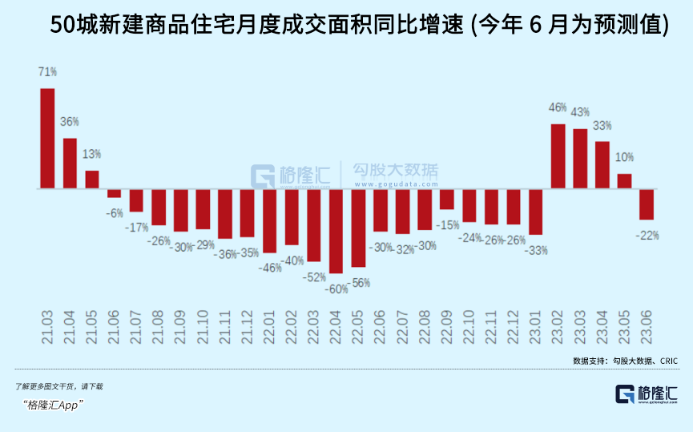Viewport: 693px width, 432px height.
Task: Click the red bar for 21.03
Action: (47, 138)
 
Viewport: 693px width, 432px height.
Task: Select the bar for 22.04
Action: (336, 231)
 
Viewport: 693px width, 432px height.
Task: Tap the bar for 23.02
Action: (558, 156)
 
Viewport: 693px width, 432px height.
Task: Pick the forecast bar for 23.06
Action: (647, 204)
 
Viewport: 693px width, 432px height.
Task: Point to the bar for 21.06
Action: (114, 193)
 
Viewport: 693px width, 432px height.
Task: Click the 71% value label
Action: (47, 71)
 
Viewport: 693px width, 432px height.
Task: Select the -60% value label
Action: (336, 289)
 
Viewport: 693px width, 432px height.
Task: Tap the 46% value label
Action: (558, 107)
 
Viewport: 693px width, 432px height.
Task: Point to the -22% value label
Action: (647, 235)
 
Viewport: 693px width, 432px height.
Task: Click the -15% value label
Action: (447, 224)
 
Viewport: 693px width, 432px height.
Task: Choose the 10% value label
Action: (624, 157)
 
